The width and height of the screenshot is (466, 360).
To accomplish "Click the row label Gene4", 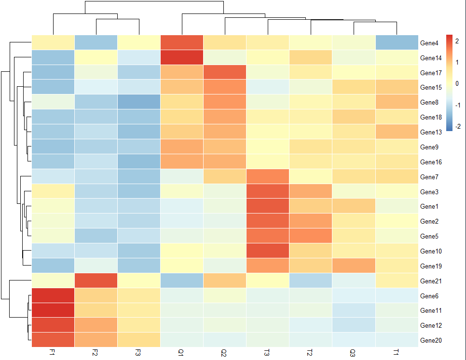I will tap(429, 43).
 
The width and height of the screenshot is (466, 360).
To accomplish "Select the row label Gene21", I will tap(430, 281).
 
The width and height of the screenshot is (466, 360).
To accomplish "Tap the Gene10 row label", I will tap(430, 251).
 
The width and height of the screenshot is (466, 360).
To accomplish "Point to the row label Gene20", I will tap(430, 340).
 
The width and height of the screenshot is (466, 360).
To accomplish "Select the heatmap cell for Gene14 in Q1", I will tap(181, 58).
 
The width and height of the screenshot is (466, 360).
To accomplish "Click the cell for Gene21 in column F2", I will tap(96, 280).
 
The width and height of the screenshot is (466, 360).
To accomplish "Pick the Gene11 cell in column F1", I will tap(53, 310).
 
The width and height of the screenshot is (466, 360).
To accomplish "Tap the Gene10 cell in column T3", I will tap(267, 251).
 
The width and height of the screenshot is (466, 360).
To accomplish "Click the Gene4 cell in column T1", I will tap(396, 43).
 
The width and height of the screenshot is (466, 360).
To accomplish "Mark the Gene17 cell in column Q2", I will tap(224, 73).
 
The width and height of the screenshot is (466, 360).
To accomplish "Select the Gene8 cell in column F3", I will tap(138, 102).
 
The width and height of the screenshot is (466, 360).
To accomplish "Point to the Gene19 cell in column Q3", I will tap(353, 266).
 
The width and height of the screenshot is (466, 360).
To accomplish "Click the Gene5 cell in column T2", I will tap(310, 236).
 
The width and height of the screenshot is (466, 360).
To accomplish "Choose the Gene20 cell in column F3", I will tap(138, 340).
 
